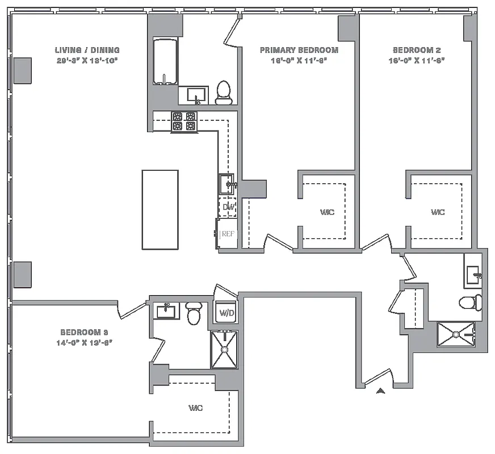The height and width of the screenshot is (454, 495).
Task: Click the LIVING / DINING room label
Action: [87, 50]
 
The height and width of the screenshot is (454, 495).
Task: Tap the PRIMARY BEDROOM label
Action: [299, 50]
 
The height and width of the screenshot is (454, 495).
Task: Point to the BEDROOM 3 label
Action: [84, 332]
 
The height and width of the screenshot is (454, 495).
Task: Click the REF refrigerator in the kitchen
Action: [227, 233]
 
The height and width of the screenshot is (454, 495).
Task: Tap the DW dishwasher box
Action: [228, 207]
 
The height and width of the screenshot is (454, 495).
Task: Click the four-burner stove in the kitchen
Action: [184, 121]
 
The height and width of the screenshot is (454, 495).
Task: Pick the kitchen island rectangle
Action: [160, 209]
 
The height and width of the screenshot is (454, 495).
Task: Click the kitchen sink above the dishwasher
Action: [227, 184]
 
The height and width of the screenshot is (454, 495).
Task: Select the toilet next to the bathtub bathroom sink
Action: [224, 92]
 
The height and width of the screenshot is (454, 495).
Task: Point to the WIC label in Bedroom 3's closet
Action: [196, 408]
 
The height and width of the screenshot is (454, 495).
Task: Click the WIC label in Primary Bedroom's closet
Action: [327, 212]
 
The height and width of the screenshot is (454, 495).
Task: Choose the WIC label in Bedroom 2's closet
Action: [437, 212]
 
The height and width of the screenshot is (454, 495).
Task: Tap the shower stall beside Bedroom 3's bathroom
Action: [225, 349]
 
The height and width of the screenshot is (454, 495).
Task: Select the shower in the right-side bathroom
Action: [456, 334]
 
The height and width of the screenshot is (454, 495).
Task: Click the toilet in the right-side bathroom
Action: [469, 302]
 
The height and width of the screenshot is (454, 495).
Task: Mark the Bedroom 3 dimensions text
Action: [84, 343]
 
